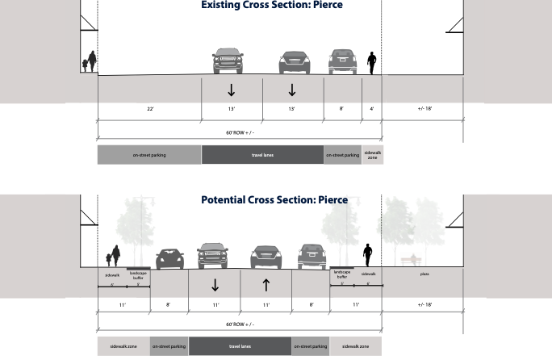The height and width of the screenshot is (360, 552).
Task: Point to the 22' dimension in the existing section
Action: click(x=149, y=108)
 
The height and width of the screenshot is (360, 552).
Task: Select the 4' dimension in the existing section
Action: click(x=371, y=108)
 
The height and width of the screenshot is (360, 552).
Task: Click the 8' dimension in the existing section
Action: click(x=342, y=108)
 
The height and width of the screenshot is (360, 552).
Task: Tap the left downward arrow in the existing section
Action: click(x=231, y=90)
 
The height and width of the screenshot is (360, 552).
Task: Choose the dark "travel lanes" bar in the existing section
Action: click(x=262, y=155)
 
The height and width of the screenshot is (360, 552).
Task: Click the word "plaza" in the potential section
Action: click(x=424, y=274)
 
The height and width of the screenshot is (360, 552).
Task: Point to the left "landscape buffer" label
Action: click(x=137, y=274)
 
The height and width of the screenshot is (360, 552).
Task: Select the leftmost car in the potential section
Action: click(x=169, y=258)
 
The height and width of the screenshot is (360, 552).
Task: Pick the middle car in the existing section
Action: click(x=293, y=63)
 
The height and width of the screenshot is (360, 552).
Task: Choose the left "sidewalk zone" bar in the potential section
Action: click(x=123, y=347)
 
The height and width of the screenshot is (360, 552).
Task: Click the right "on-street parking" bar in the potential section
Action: click(x=311, y=347)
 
